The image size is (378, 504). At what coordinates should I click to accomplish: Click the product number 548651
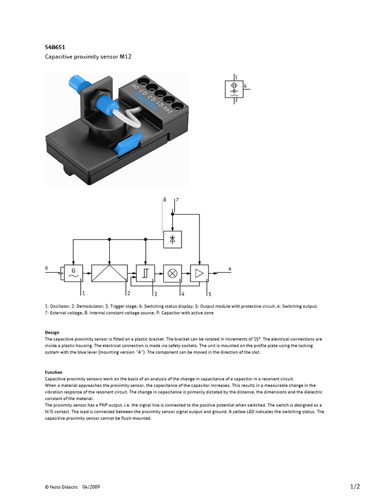[55, 47]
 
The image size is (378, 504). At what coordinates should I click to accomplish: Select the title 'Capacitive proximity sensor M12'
[89, 57]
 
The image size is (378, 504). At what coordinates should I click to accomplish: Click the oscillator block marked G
[73, 273]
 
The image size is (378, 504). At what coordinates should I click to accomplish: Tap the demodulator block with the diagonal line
[109, 273]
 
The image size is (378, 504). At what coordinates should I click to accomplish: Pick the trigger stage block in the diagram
[145, 273]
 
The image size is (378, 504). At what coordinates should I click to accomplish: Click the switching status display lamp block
[172, 273]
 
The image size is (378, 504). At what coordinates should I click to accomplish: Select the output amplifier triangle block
[199, 273]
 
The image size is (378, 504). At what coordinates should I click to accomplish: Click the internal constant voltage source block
[172, 239]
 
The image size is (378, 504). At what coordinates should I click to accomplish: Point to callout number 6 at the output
[229, 268]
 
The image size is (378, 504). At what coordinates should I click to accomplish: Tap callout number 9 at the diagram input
[47, 268]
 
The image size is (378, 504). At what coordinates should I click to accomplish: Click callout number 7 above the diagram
[177, 200]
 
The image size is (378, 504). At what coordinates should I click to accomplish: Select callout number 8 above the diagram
[165, 200]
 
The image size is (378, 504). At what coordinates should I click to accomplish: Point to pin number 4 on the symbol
[245, 86]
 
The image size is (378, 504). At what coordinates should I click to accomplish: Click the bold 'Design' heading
[52, 333]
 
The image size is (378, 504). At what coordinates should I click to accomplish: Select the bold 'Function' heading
[54, 373]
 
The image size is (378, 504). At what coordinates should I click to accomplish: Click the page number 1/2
[355, 487]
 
